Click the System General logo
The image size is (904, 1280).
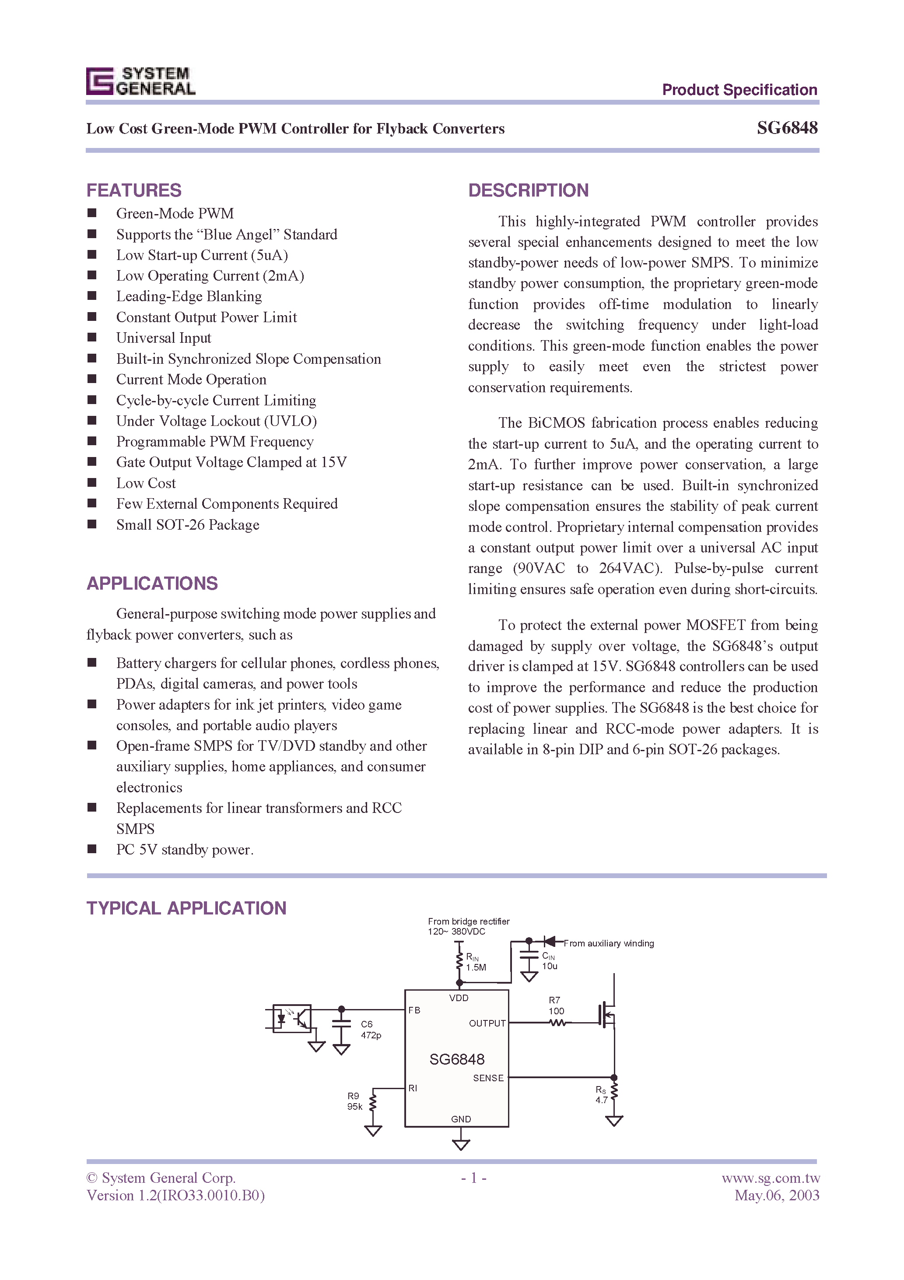[x=140, y=81]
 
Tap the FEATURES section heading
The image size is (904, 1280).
[x=134, y=191]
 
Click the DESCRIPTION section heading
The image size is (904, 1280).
[x=528, y=191]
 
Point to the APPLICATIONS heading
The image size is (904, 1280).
[x=151, y=583]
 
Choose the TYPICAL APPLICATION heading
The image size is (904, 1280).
[x=186, y=908]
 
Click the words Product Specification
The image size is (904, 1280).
[x=739, y=90]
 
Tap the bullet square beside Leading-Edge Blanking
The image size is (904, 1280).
[x=92, y=296]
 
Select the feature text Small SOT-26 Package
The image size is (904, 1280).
[x=187, y=524]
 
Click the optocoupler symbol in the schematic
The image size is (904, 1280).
[x=291, y=1019]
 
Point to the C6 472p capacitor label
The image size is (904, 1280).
[x=370, y=1030]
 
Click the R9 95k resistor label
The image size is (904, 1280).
[x=354, y=1101]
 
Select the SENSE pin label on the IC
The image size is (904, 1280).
[x=488, y=1078]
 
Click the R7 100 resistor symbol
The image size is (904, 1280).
[x=557, y=1023]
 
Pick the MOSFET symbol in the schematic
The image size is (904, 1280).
[x=607, y=1015]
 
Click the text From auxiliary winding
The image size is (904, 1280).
[x=608, y=943]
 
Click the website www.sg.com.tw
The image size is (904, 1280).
[x=770, y=1178]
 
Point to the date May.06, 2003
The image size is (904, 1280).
[x=776, y=1195]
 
